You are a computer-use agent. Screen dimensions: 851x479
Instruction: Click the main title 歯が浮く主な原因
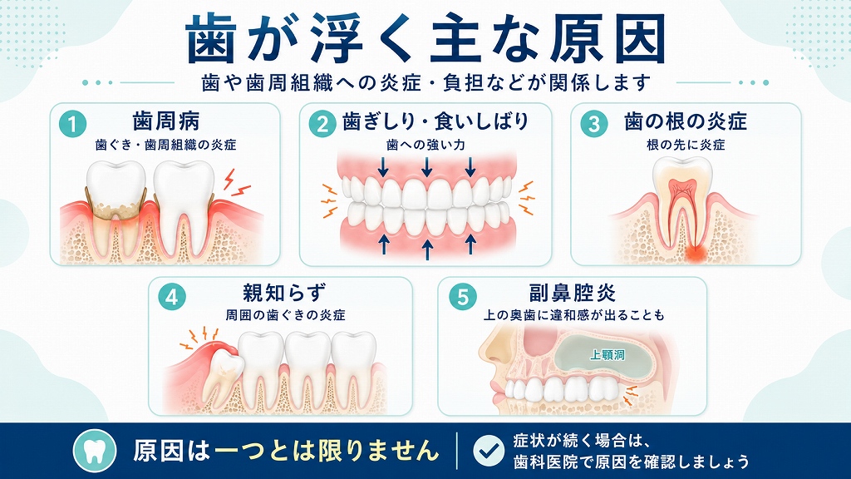[x=425, y=38]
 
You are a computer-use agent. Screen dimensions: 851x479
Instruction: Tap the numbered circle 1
[x=73, y=125]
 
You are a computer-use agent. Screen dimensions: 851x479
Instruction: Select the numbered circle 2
[x=322, y=125]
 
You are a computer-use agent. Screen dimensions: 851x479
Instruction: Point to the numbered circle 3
[x=593, y=125]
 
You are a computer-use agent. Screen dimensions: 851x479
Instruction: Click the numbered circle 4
[x=172, y=297]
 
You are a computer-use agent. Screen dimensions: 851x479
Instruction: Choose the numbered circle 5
[x=463, y=297]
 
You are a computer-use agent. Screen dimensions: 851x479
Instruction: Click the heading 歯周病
[x=166, y=121]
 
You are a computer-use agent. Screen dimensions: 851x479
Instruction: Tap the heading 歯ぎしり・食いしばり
[x=435, y=121]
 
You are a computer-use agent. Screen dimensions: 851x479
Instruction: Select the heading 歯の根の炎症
[x=686, y=121]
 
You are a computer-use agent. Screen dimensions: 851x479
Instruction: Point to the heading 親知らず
[x=284, y=293]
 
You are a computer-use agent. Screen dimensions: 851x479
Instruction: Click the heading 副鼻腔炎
[x=573, y=293]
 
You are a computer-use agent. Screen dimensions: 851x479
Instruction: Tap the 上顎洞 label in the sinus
[x=608, y=354]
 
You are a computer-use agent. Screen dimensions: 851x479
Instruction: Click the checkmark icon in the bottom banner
[x=488, y=450]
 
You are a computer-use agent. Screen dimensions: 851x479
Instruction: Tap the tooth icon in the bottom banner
[x=95, y=450]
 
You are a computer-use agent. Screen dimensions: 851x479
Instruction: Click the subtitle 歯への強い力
[x=425, y=145]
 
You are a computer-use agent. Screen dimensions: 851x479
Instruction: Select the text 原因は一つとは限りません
[x=286, y=450]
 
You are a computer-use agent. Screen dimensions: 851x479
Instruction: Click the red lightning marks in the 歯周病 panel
[x=236, y=183]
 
